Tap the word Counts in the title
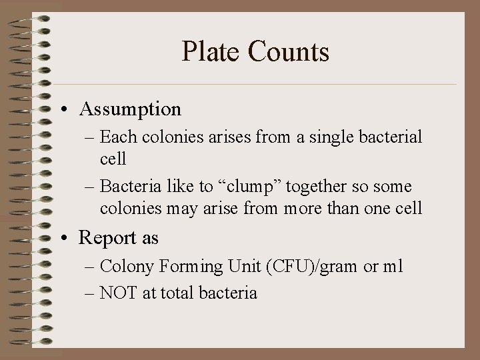(x=293, y=52)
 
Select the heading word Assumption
(x=130, y=108)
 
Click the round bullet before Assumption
(x=69, y=109)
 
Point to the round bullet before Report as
(x=69, y=237)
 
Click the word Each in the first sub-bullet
(x=117, y=137)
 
